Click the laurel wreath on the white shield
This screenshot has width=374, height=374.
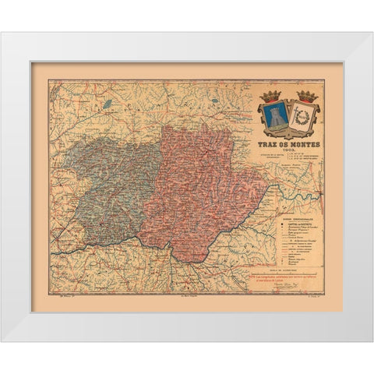point(303,117)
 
